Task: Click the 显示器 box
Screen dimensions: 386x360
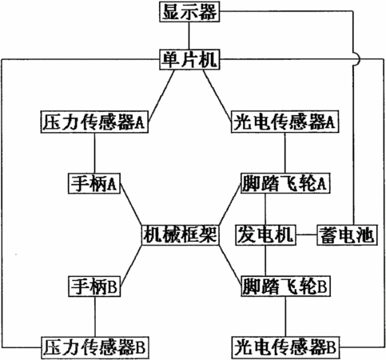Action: point(189,12)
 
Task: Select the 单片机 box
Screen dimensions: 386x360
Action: point(189,59)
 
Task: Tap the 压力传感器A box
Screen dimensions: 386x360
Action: point(94,122)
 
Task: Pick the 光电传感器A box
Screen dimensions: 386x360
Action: point(285,122)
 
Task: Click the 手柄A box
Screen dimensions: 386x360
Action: point(94,183)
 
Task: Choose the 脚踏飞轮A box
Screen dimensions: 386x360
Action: point(285,183)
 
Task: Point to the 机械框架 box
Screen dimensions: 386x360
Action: point(180,235)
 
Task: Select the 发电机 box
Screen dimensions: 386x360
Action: point(265,235)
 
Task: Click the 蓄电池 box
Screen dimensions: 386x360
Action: point(347,235)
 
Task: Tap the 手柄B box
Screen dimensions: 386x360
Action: point(94,286)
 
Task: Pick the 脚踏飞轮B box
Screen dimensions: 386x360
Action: point(285,286)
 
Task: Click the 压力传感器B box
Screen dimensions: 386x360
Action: point(95,347)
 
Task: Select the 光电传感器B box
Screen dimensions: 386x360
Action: point(286,347)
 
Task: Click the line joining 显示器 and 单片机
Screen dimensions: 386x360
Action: point(189,36)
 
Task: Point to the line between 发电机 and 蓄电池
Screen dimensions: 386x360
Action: point(306,235)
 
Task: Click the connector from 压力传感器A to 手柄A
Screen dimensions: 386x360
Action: point(94,154)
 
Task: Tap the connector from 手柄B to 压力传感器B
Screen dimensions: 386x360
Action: point(94,317)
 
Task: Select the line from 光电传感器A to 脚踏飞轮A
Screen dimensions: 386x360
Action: point(285,153)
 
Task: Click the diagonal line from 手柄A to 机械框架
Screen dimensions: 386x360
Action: point(131,205)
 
